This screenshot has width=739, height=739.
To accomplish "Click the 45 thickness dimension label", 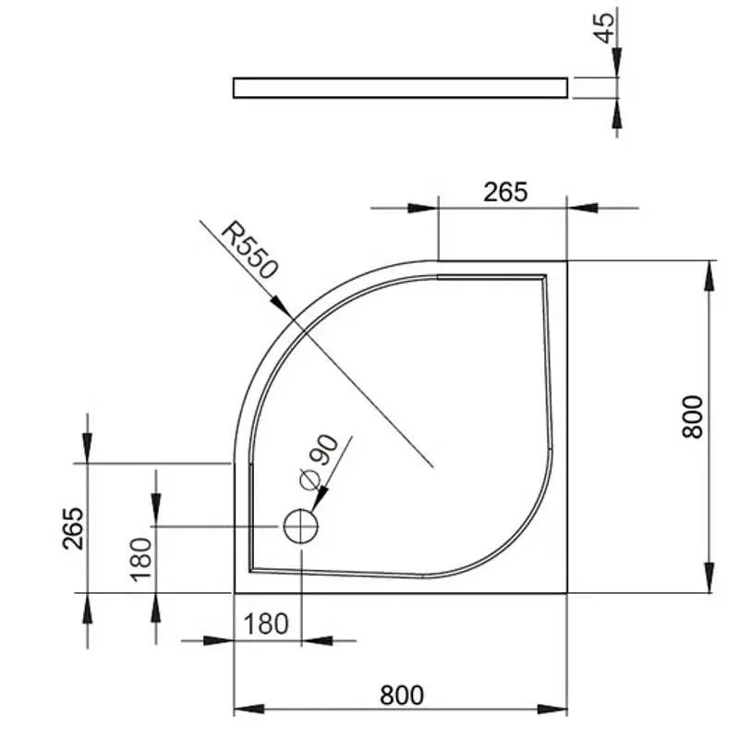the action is pyautogui.click(x=607, y=27).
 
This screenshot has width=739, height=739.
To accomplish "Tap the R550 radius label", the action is pyautogui.click(x=249, y=249).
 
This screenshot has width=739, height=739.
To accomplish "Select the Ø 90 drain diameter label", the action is pyautogui.click(x=320, y=462).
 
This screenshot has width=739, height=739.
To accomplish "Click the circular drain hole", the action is pyautogui.click(x=301, y=527).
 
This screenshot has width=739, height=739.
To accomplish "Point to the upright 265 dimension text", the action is pyautogui.click(x=505, y=192).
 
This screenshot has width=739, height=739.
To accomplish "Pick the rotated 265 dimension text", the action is pyautogui.click(x=73, y=528).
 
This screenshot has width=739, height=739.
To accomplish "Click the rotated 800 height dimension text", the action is pyautogui.click(x=692, y=417).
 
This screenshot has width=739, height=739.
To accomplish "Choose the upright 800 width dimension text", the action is pyautogui.click(x=402, y=696).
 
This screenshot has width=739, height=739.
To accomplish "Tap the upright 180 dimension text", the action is pyautogui.click(x=266, y=624).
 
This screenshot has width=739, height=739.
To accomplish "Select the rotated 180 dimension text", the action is pyautogui.click(x=141, y=560).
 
